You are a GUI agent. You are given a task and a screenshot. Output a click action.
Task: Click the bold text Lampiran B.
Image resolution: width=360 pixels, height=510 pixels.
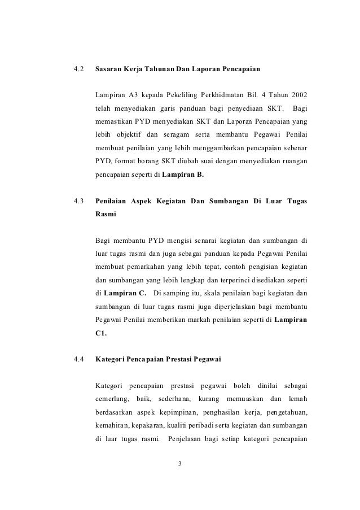pyautogui.click(x=183, y=175)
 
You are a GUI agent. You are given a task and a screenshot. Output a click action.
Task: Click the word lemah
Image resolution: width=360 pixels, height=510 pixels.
pyautogui.click(x=296, y=399)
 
